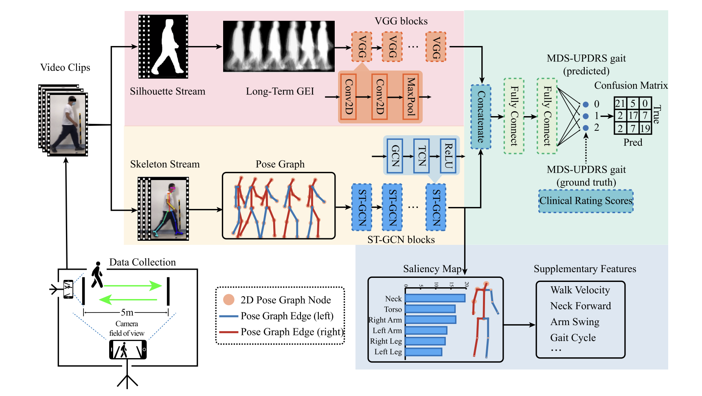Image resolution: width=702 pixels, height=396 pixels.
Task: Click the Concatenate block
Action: [481, 117]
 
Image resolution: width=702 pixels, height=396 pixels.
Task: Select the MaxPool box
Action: [411, 97]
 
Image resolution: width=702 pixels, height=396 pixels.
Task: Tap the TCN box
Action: [422, 156]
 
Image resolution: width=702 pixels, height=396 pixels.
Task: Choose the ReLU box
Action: [448, 156]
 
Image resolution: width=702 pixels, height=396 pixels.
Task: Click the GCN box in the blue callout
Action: [395, 156]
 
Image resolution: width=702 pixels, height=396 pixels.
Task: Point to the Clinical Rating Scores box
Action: [586, 201]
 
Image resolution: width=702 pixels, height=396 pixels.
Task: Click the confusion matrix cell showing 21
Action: [620, 103]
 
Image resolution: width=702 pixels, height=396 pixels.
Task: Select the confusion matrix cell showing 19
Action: [645, 129]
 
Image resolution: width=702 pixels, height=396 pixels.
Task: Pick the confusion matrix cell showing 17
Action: [633, 116]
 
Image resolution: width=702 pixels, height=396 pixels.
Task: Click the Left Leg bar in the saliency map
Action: [423, 352]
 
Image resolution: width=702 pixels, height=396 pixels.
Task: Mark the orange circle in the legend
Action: [229, 300]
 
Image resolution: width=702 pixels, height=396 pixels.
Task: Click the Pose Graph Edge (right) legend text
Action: [292, 332]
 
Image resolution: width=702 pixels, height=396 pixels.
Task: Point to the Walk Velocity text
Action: [580, 290]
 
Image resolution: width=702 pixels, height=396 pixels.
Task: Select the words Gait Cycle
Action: [573, 338]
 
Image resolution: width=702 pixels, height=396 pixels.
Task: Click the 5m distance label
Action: [127, 312]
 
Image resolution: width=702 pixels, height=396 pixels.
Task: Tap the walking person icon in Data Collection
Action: [97, 275]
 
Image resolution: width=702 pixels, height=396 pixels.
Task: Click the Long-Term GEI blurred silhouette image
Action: [279, 46]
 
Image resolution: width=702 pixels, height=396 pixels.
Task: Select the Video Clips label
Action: [65, 68]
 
